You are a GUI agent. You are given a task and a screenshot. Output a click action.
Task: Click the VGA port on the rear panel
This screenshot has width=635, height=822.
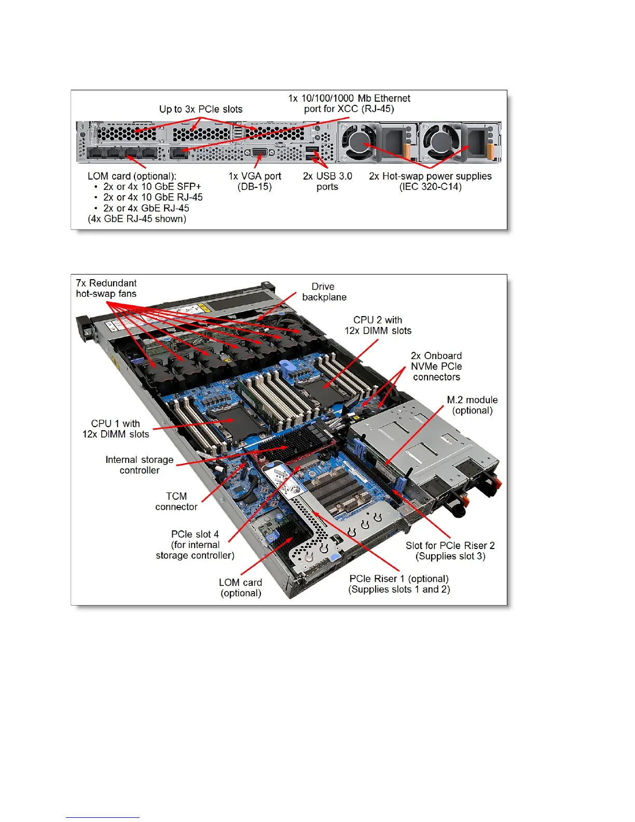point(260,153)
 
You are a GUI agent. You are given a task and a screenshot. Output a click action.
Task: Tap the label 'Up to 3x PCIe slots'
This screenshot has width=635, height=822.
point(201,109)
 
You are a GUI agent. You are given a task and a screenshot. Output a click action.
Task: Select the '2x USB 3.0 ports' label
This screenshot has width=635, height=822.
point(327,181)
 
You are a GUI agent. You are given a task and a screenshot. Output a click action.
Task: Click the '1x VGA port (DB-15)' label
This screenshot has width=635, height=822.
point(255,181)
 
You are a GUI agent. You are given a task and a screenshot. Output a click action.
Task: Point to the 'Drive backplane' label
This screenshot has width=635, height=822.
point(324,292)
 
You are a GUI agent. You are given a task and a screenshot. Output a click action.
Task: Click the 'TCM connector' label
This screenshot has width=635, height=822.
point(176,501)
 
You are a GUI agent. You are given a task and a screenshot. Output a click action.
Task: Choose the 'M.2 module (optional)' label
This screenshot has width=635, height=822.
point(472,405)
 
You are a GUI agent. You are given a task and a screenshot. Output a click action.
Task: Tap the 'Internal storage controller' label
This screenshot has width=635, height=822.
point(140,465)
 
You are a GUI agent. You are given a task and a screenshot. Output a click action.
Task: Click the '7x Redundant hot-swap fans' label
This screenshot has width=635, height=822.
point(106,289)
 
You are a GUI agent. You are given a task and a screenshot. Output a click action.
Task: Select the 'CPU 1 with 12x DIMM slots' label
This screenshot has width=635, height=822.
point(116,429)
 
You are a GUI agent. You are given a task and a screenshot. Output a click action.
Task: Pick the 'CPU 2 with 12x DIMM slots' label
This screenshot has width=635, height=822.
point(378,325)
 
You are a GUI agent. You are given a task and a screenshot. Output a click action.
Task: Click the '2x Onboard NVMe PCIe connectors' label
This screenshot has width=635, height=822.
point(436,366)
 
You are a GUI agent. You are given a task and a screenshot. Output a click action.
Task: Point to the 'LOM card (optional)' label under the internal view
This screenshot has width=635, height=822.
point(241,587)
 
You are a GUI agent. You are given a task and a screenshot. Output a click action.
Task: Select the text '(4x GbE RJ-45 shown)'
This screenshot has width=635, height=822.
point(137,219)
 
